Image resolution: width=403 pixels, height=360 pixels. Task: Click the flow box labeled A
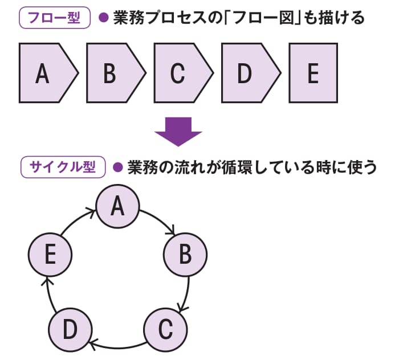point(46,73)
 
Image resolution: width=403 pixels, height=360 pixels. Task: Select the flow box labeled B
point(112,73)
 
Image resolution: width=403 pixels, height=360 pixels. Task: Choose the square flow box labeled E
point(312,73)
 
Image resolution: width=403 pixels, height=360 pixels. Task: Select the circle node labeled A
point(118,206)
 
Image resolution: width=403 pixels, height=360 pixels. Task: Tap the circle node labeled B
point(185,255)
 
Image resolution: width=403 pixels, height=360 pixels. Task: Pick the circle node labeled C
point(164,329)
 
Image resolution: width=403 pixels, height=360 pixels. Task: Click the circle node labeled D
point(71,329)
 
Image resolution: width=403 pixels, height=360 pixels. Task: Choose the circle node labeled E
point(50,255)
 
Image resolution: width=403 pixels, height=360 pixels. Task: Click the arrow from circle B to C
point(185,293)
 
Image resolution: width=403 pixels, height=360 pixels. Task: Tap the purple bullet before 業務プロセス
point(103,18)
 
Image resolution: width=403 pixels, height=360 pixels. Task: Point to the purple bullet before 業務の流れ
point(118,168)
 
